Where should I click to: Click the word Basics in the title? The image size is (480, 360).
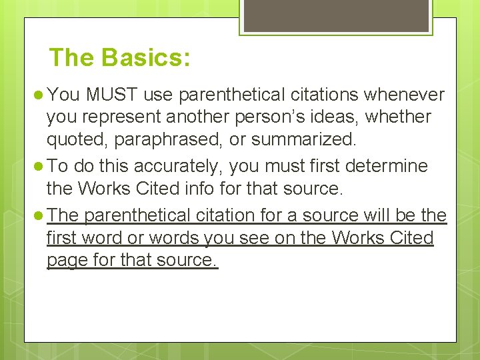coord(146,57)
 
